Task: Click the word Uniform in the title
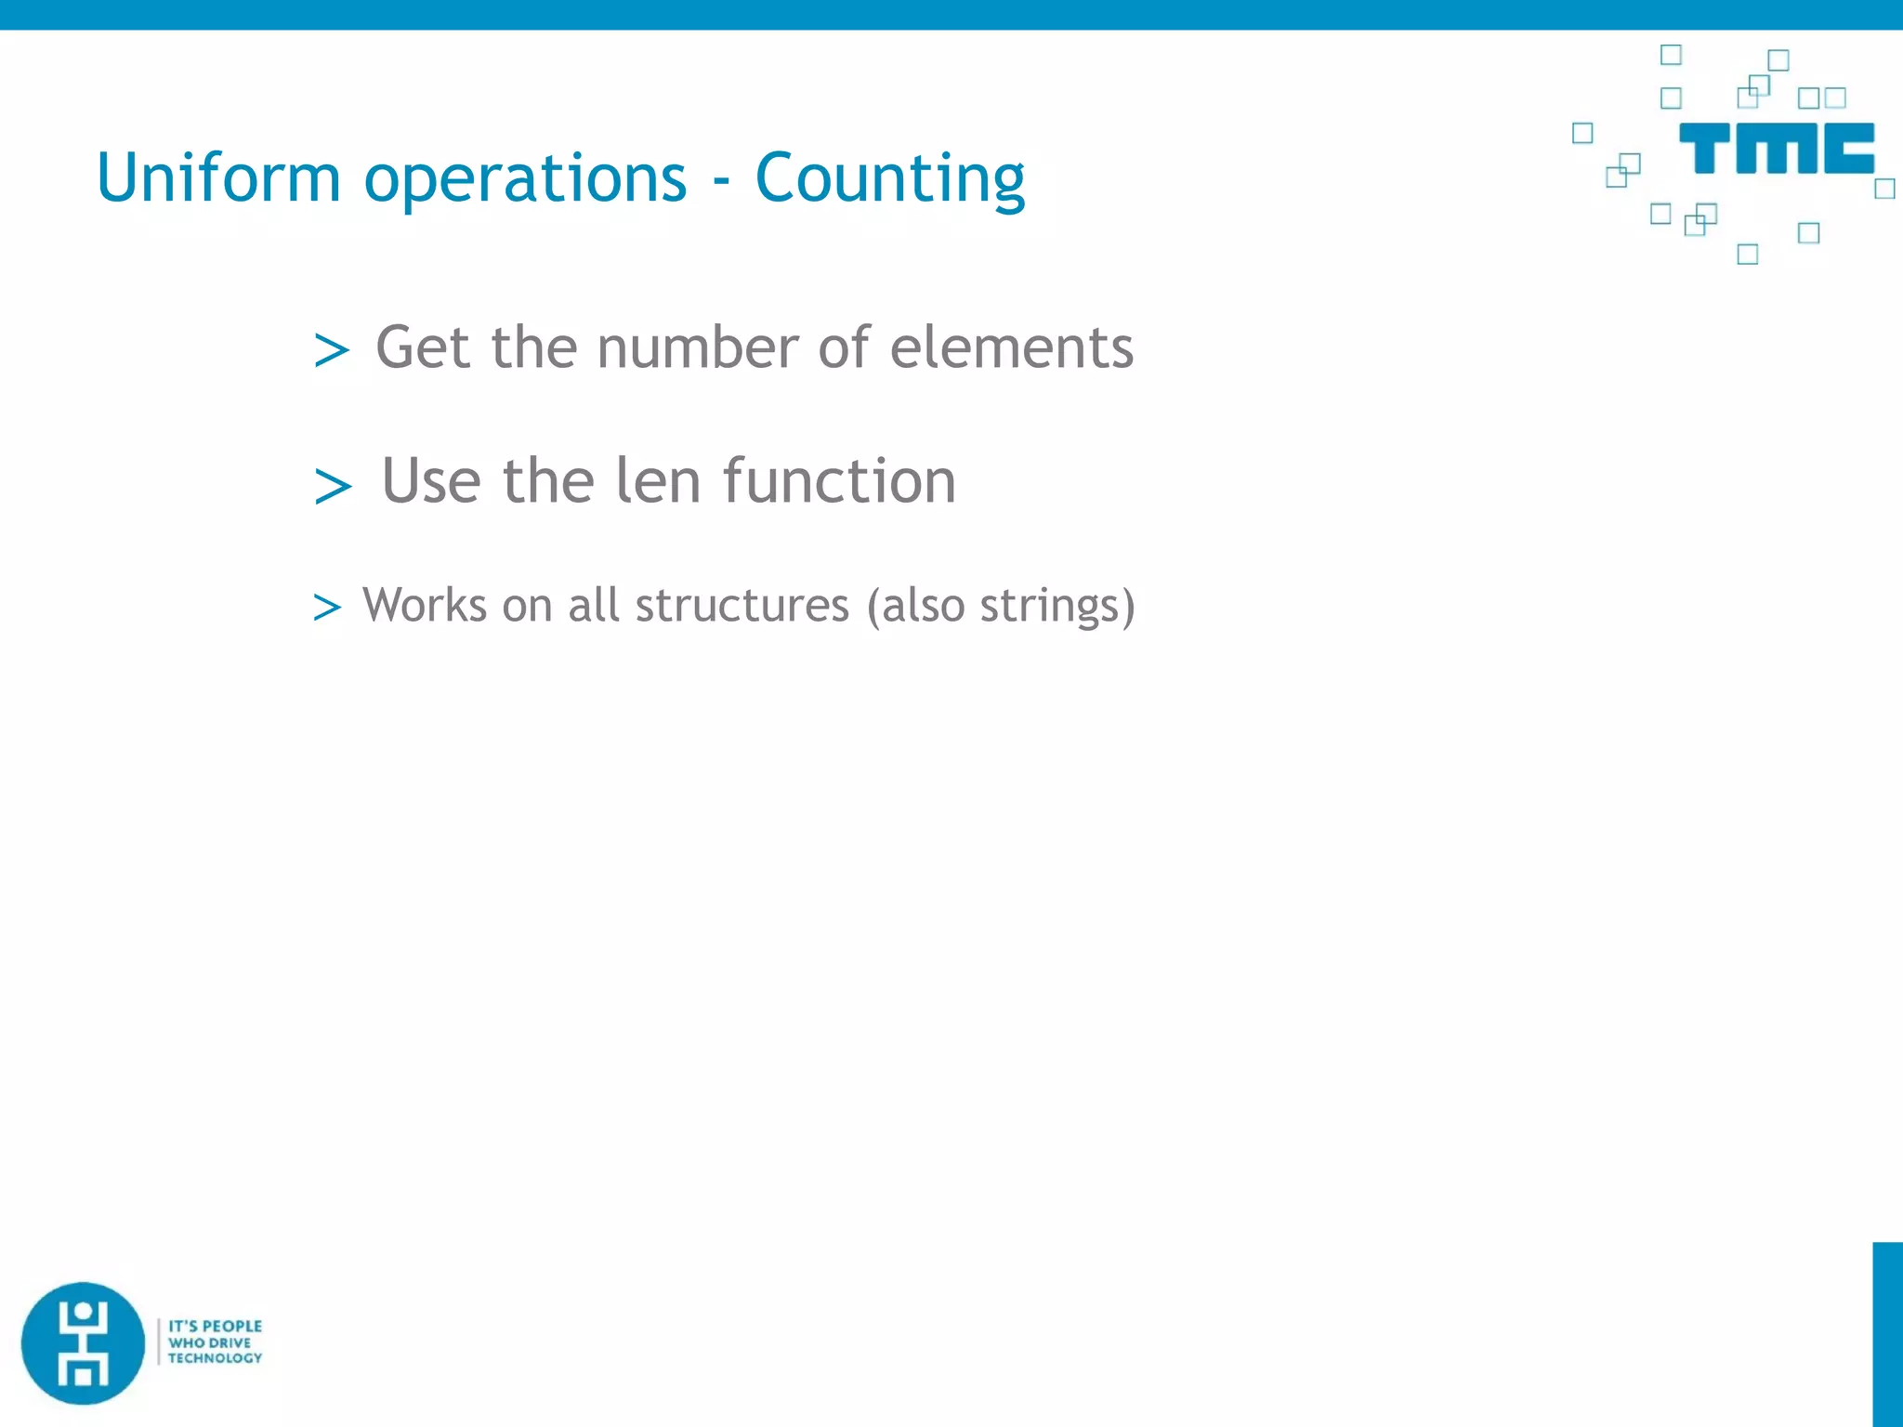[218, 177]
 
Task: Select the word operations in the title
[525, 179]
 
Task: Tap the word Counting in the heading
[889, 179]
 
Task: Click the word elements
[1011, 347]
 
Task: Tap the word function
[839, 481]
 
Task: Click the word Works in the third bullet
[425, 606]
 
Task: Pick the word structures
[742, 606]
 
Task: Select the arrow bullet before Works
[327, 608]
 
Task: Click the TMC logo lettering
[1776, 149]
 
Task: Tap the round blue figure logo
[84, 1342]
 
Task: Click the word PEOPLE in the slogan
[232, 1326]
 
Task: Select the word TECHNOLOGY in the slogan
[216, 1358]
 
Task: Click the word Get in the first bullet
[423, 347]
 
